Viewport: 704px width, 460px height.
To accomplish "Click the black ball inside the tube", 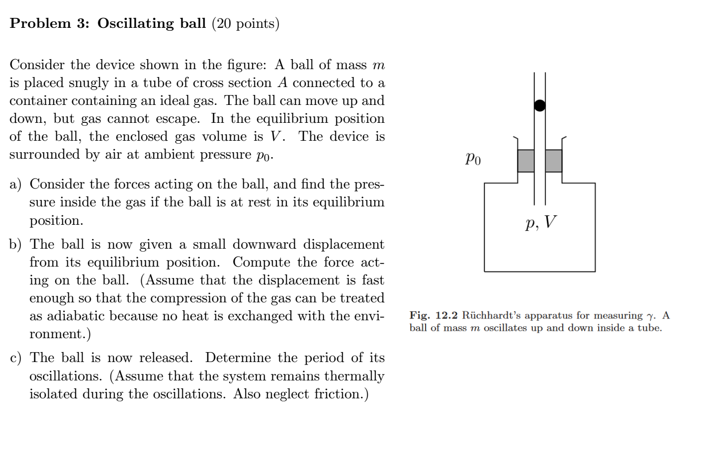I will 539,105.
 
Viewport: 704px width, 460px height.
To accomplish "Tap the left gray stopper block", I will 526,161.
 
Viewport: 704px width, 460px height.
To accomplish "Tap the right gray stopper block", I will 553,161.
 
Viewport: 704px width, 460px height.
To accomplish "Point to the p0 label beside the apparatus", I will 473,159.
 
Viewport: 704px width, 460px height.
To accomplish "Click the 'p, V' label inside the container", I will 541,222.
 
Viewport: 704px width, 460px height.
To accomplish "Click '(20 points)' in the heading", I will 246,23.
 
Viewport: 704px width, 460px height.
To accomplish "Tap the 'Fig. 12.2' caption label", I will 433,315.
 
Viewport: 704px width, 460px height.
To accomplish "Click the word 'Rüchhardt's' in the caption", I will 492,315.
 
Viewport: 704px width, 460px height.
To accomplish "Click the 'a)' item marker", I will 15,184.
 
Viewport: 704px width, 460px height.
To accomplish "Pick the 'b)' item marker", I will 15,245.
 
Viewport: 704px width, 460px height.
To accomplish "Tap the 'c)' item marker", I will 15,358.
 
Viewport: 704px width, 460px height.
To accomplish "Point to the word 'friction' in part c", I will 337,394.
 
